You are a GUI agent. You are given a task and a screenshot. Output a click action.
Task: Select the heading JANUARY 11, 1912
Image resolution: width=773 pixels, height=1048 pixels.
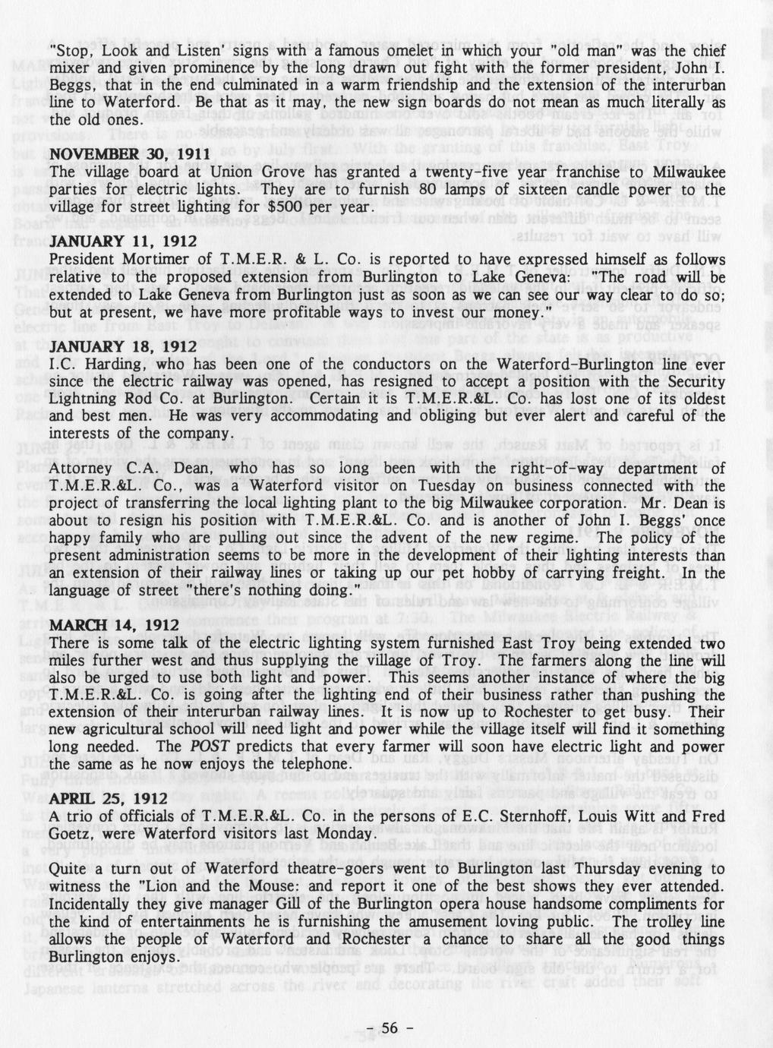[x=123, y=241]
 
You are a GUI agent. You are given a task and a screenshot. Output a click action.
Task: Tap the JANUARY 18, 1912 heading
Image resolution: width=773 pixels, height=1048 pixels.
[x=123, y=346]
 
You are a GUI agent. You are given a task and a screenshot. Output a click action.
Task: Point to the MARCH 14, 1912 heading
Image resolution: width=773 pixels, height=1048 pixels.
[x=115, y=625]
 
